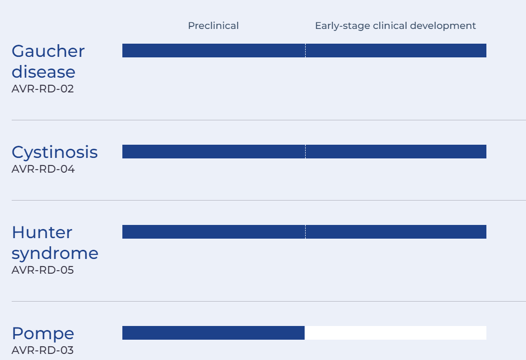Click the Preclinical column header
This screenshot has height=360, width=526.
[x=213, y=25]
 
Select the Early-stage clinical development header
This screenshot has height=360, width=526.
[x=396, y=26]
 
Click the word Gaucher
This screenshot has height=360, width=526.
[x=48, y=51]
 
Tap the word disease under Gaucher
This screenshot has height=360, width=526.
[x=44, y=72]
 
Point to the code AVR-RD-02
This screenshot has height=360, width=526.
[x=43, y=89]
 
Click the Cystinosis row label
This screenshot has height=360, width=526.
[x=55, y=152]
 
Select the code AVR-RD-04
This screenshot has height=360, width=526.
[x=43, y=169]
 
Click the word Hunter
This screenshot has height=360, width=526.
[x=42, y=233]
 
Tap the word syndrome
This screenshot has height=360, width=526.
[x=55, y=253]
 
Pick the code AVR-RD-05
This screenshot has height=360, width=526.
[x=43, y=270]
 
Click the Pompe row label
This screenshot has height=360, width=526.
[x=43, y=334]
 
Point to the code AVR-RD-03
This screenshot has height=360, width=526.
[x=43, y=350]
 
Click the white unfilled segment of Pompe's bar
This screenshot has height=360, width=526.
[x=396, y=333]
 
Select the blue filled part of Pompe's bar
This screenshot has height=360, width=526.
[x=213, y=333]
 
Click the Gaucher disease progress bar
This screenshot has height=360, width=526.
[x=304, y=50]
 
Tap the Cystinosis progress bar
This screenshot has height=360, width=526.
[x=304, y=152]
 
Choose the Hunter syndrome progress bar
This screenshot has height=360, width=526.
[x=304, y=232]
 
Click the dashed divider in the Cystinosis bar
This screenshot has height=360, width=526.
[x=305, y=152]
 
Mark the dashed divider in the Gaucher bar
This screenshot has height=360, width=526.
[x=305, y=50]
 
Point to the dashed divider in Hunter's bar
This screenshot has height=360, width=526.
[x=305, y=232]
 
